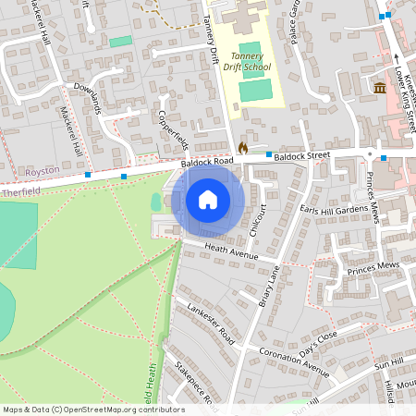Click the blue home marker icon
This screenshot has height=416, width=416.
point(208,200)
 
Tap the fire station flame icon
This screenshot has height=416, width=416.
point(243,147)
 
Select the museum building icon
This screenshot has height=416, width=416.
point(380,88)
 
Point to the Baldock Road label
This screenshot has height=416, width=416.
point(208,163)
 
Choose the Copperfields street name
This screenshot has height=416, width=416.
point(174,130)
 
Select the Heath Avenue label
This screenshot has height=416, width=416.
point(231,251)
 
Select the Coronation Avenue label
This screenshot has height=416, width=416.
point(294,361)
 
